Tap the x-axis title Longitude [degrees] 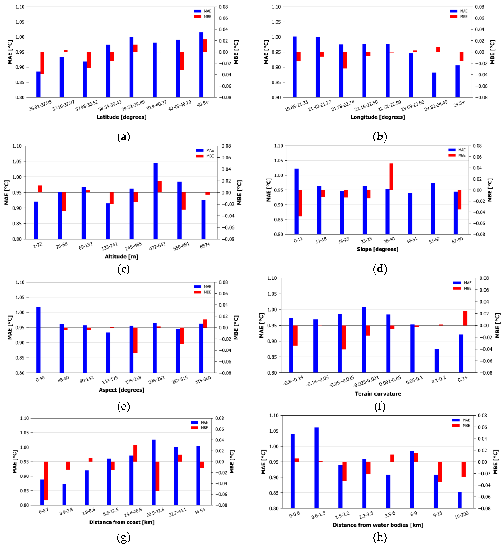(378, 117)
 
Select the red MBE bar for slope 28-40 (391, 176)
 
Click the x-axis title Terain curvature (378, 393)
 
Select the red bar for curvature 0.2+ (465, 318)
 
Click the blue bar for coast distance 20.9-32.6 (153, 472)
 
